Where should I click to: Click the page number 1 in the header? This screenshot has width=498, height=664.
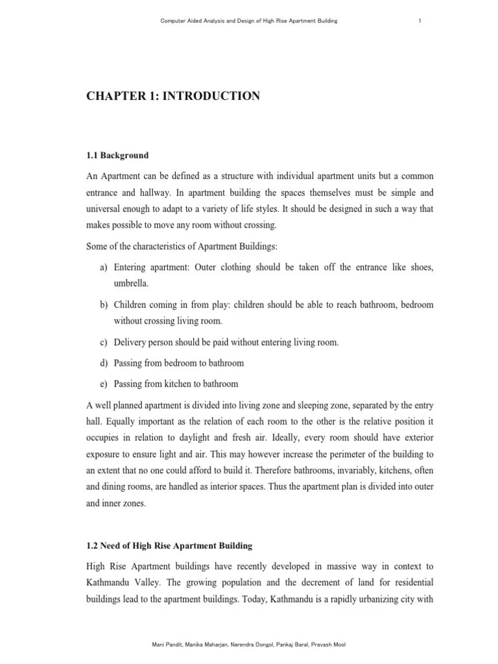click(420, 21)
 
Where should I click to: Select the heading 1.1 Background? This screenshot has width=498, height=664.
click(117, 156)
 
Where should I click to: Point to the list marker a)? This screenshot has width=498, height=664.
click(104, 267)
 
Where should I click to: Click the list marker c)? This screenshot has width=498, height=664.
click(104, 342)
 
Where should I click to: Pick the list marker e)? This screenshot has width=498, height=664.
click(104, 383)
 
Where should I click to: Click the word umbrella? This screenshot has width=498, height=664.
click(132, 284)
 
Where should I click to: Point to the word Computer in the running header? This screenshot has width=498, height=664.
click(173, 21)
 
